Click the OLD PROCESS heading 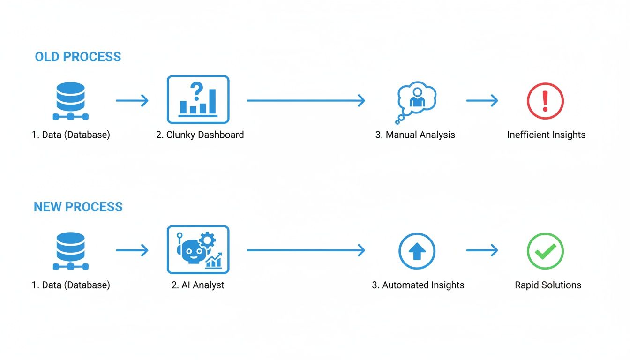78,57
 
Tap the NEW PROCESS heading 78,207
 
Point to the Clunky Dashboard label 200,135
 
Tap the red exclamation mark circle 545,100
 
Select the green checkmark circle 545,251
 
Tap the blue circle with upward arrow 417,251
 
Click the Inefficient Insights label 546,135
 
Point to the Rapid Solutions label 548,285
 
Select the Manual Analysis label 415,135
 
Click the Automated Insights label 418,285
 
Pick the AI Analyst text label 198,285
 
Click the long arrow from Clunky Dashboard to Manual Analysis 306,100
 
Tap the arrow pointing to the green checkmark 482,251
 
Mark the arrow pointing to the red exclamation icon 482,100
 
